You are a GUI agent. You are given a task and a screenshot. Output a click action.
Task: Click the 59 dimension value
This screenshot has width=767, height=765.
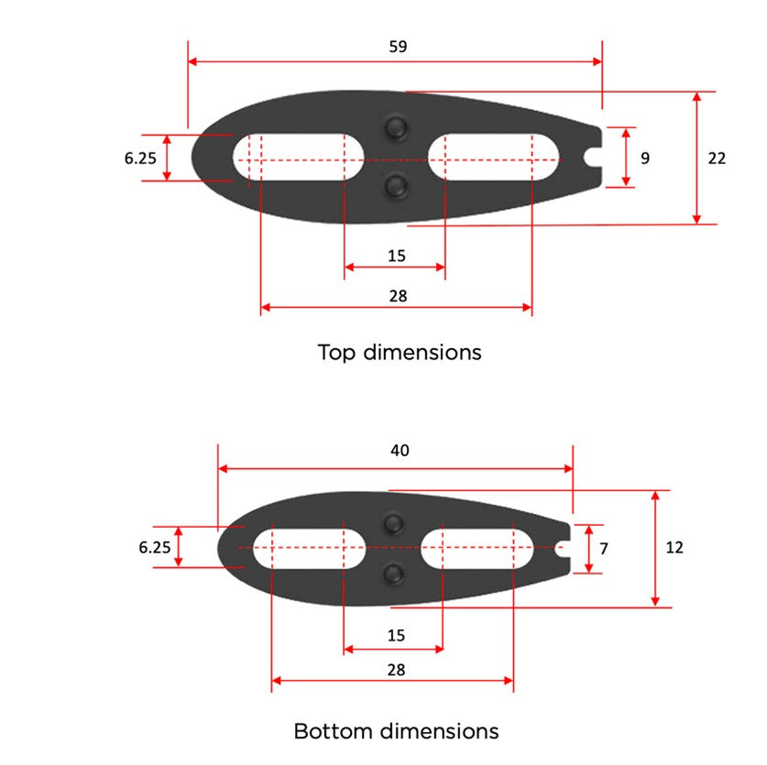(x=398, y=46)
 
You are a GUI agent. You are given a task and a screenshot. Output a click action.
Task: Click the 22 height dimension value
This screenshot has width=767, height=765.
(x=717, y=158)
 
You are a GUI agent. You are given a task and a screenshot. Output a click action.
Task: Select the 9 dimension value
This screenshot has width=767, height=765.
(x=645, y=158)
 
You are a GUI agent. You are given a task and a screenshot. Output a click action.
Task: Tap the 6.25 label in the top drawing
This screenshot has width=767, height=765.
(x=140, y=158)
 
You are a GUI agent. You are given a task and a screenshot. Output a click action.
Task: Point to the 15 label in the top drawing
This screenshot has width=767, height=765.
(x=396, y=256)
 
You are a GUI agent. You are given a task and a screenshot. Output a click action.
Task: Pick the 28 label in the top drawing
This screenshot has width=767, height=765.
(x=397, y=295)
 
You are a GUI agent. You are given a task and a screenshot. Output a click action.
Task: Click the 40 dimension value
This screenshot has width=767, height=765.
(x=400, y=450)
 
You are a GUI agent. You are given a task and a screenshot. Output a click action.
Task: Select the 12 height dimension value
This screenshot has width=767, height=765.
(x=674, y=547)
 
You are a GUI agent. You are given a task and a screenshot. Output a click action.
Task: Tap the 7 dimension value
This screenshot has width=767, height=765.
(x=603, y=548)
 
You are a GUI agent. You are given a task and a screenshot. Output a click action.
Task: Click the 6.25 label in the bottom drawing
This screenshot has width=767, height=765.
(x=155, y=547)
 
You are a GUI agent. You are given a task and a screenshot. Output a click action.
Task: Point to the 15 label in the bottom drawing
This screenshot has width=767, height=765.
(x=396, y=635)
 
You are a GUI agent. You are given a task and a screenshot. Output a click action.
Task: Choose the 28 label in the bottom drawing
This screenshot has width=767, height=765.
(x=396, y=670)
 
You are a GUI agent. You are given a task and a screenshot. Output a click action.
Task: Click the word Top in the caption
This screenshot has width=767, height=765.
(x=337, y=352)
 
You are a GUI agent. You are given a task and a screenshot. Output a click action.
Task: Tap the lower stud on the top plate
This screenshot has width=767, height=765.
(x=396, y=186)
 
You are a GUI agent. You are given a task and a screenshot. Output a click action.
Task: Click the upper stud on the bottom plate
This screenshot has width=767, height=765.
(x=394, y=522)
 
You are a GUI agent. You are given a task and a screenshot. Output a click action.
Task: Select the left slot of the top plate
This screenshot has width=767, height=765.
(x=298, y=158)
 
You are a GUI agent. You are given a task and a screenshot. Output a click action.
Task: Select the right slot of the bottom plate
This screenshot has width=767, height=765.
(x=477, y=547)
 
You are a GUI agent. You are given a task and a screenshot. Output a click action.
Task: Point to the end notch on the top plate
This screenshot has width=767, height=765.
(x=594, y=158)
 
